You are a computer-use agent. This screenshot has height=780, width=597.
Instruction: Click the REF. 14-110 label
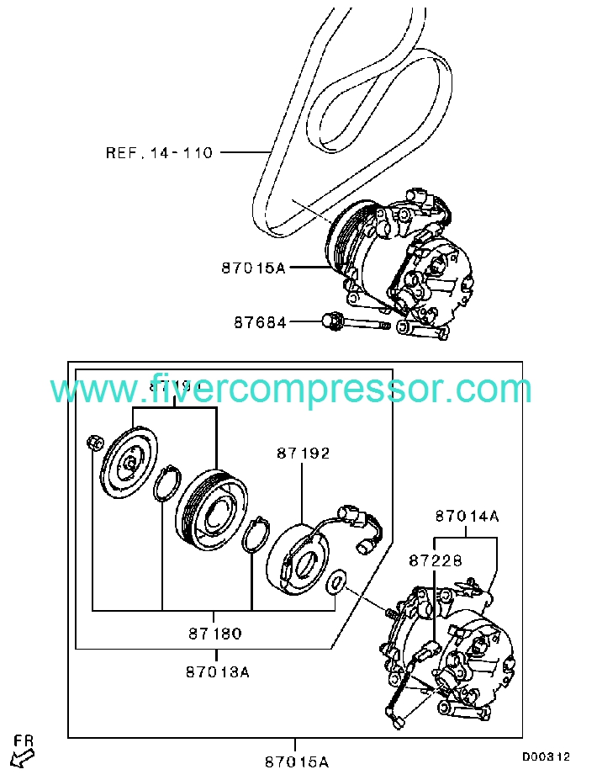[159, 153]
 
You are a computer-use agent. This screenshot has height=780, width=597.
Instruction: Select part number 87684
[260, 322]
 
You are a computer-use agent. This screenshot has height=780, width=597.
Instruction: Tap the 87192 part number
[303, 453]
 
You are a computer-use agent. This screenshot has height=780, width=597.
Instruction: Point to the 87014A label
[467, 516]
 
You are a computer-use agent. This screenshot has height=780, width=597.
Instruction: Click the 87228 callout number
[436, 560]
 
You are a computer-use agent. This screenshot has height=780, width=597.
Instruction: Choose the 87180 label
[215, 633]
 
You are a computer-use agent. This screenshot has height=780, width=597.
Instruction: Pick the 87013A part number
[218, 671]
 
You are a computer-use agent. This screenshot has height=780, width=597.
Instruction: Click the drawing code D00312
[546, 756]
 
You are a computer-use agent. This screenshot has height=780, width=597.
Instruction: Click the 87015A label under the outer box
[296, 762]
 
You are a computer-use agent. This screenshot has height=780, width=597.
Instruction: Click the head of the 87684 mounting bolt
[330, 321]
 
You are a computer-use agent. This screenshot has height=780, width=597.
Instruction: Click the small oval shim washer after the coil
[335, 581]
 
